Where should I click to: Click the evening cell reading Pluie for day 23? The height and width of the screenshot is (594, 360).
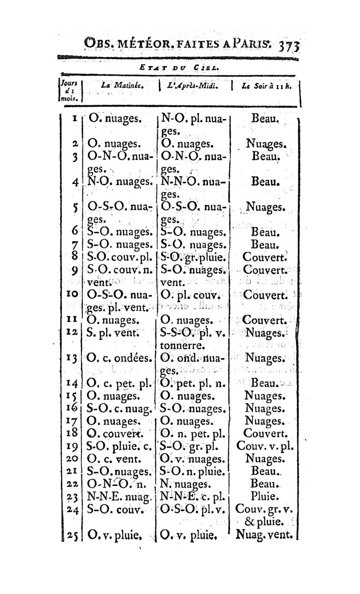[264, 498]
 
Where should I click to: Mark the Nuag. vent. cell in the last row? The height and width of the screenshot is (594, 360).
[265, 535]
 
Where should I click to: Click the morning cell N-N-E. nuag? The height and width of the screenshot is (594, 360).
[118, 498]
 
